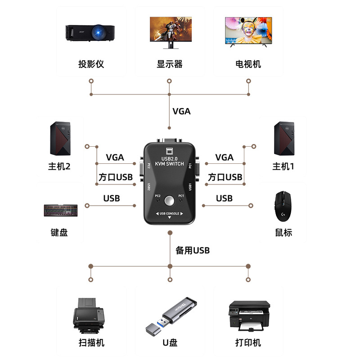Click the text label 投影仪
(91, 64)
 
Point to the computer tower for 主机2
(60, 138)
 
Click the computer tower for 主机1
(284, 138)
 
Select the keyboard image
(61, 210)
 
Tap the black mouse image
(283, 205)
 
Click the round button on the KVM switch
(170, 200)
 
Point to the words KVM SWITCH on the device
(170, 164)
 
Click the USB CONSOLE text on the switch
(170, 213)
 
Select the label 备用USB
(193, 251)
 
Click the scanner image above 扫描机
(89, 313)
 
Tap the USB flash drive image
(170, 315)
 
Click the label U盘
(170, 343)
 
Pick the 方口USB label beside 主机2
(116, 177)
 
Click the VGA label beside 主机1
(224, 157)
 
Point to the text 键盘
(59, 233)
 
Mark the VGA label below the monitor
(181, 111)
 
